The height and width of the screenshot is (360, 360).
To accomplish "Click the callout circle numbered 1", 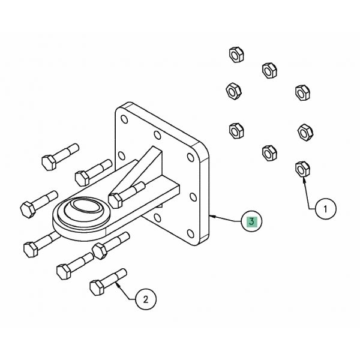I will click(x=326, y=209).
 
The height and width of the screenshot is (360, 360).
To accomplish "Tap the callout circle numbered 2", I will click(x=146, y=298).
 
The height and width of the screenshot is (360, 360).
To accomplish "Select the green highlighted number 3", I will click(x=251, y=221).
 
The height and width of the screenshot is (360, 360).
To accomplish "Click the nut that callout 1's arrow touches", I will click(x=302, y=169).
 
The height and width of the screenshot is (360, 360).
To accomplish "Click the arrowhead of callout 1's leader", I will click(x=304, y=178).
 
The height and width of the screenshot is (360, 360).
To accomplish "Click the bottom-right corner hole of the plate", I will click(x=191, y=233).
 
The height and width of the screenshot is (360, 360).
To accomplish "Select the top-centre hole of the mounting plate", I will click(x=157, y=136).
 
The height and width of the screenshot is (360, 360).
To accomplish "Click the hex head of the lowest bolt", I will click(x=97, y=287).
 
